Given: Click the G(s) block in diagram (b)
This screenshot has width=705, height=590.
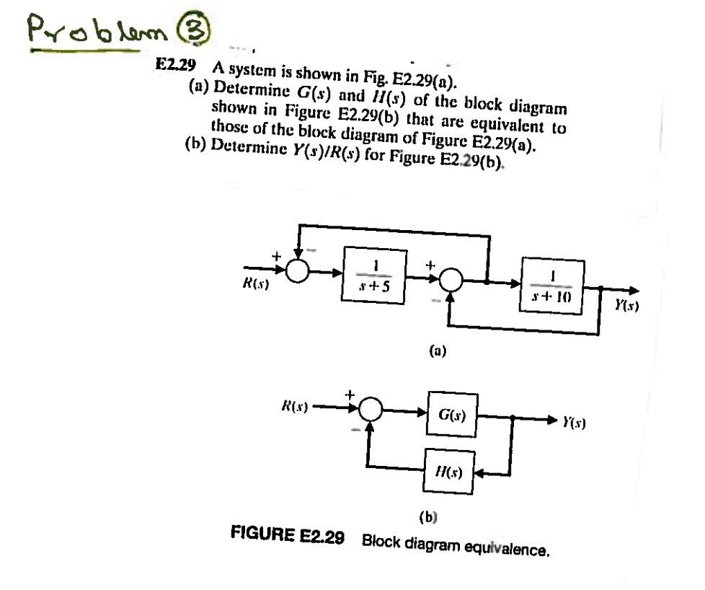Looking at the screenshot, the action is tap(452, 416).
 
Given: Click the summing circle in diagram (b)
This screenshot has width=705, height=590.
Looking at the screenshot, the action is tap(372, 409).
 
